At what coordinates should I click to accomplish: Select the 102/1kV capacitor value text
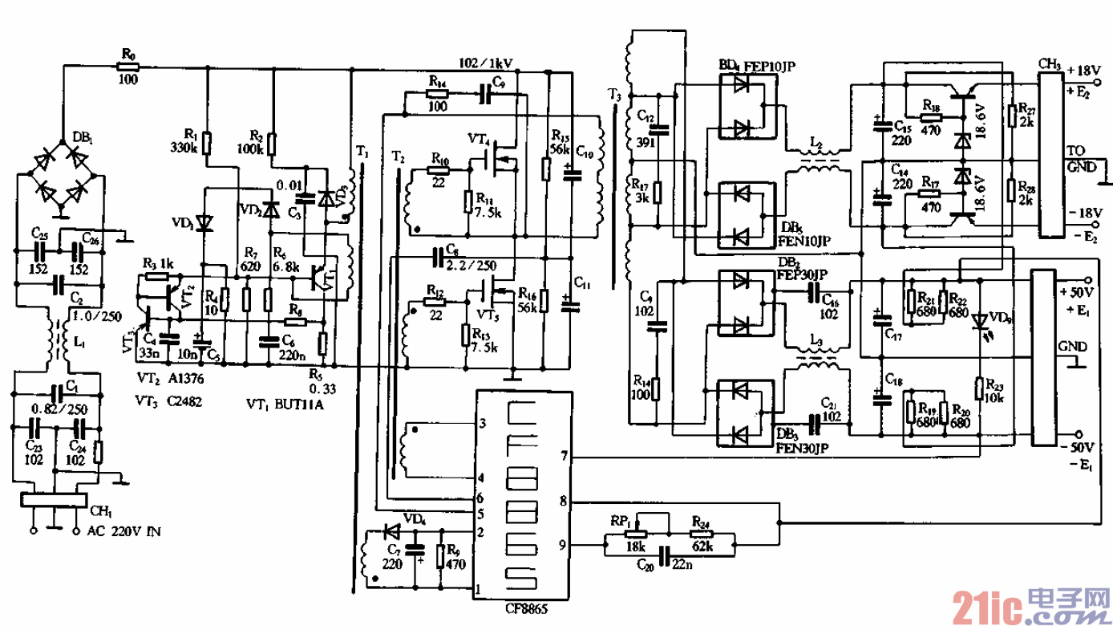point(486,61)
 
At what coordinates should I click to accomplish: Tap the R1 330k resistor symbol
point(207,143)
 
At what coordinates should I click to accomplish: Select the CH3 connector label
point(1049,63)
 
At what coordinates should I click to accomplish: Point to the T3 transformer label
point(615,96)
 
